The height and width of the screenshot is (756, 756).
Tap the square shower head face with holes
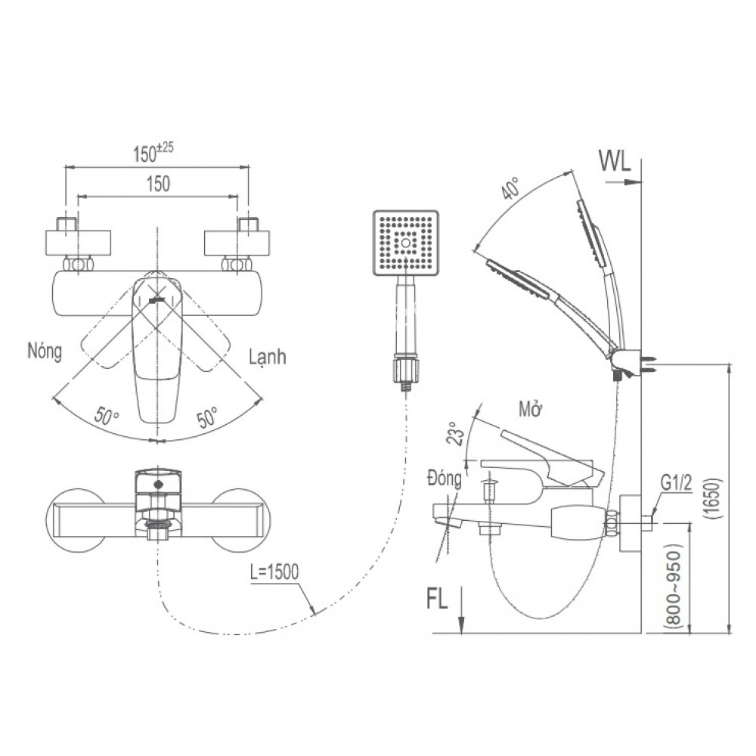[x=407, y=243]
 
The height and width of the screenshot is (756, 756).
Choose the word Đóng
[x=444, y=479]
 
